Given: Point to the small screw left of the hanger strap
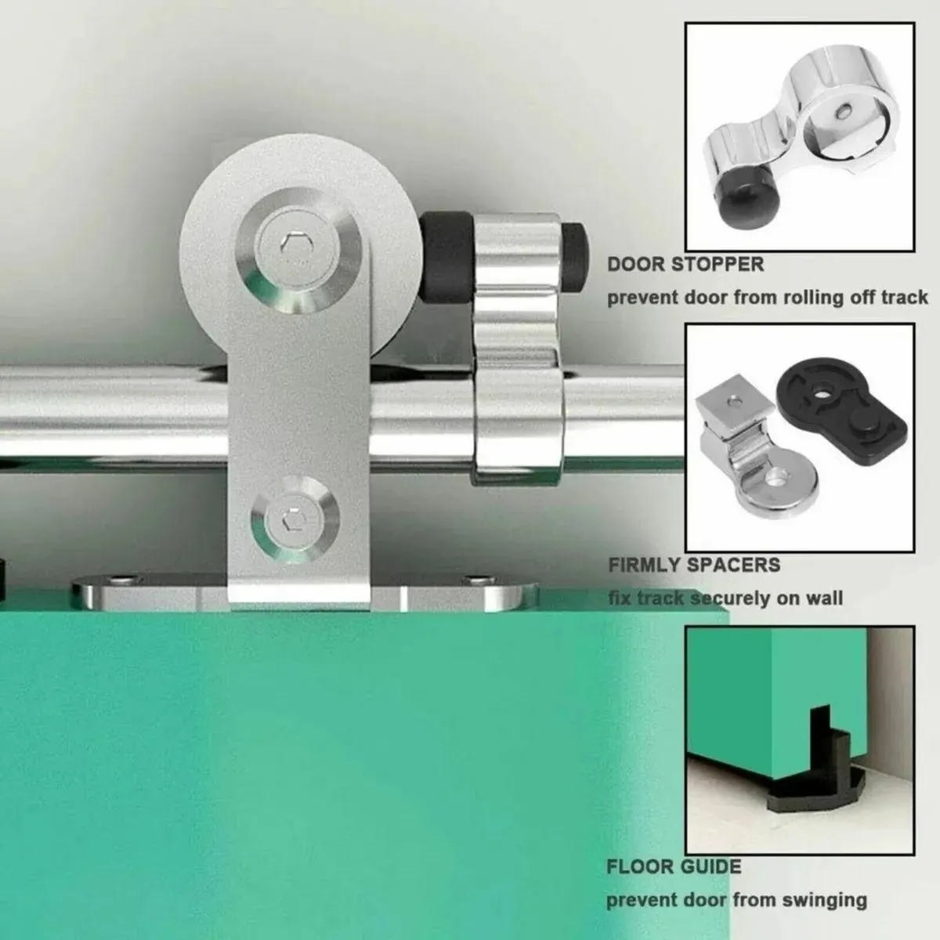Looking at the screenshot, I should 119,580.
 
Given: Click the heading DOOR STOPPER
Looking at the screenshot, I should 685,264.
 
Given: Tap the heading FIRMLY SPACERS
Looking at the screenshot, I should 694,565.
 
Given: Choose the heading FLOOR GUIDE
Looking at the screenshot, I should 674,866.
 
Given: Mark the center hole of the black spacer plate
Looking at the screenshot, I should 822,388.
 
